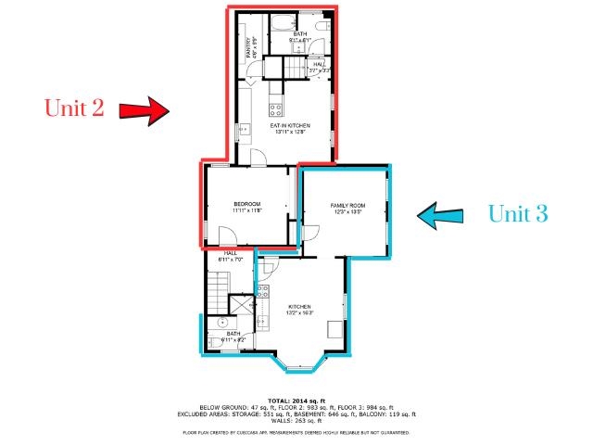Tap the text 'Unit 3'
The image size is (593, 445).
point(518,214)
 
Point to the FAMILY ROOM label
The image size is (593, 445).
point(347,207)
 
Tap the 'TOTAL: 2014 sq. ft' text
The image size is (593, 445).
point(296,400)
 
